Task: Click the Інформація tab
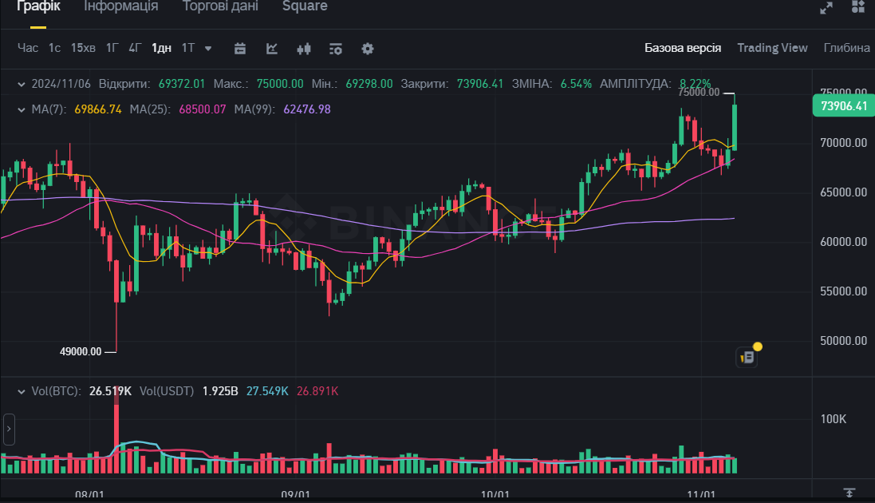pyautogui.click(x=121, y=6)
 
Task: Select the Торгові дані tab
pyautogui.click(x=220, y=6)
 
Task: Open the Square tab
pyautogui.click(x=305, y=6)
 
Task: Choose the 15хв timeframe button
pyautogui.click(x=83, y=48)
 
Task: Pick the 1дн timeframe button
pyautogui.click(x=161, y=48)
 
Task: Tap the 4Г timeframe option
pyautogui.click(x=135, y=48)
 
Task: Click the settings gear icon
pyautogui.click(x=368, y=49)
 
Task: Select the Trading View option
pyautogui.click(x=772, y=48)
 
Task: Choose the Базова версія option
pyautogui.click(x=683, y=48)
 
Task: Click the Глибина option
pyautogui.click(x=846, y=48)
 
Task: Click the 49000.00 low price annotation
pyautogui.click(x=81, y=351)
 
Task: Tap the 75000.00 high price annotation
pyautogui.click(x=699, y=92)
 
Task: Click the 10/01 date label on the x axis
pyautogui.click(x=496, y=495)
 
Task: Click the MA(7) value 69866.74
pyautogui.click(x=98, y=109)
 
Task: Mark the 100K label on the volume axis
pyautogui.click(x=833, y=419)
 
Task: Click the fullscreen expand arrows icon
pyautogui.click(x=826, y=7)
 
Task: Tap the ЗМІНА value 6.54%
pyautogui.click(x=577, y=83)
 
